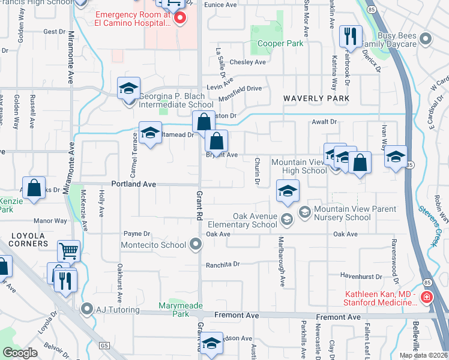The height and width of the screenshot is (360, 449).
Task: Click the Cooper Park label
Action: coord(280,43)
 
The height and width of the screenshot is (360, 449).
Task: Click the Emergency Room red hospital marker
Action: coord(179,19)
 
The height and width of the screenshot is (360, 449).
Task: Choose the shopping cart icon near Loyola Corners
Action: coord(69,250)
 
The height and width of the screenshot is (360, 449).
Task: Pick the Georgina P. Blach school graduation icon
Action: coord(128,88)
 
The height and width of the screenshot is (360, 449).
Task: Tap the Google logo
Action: coord(20,353)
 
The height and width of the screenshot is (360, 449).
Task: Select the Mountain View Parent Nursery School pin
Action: coord(304,211)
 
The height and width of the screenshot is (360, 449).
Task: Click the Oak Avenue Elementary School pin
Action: coord(287,220)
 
